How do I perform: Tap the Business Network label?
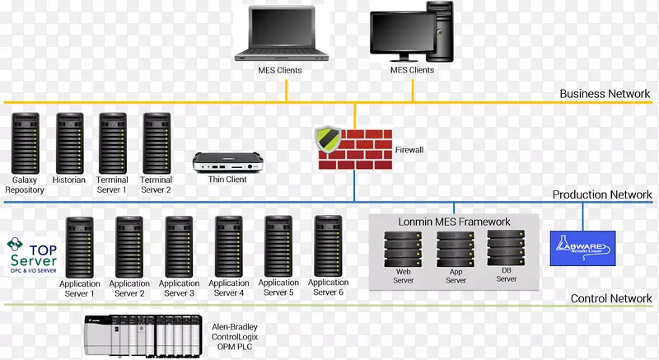605,94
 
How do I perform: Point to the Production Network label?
602,195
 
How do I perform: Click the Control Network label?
610,298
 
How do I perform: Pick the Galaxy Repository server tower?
25,143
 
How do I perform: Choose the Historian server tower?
69,143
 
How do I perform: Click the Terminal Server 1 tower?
112,143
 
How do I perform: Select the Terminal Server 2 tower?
156,143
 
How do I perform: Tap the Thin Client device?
219,162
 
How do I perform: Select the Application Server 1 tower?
80,246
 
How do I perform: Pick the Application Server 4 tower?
229,246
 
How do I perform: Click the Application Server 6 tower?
328,246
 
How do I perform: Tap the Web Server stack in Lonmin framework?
403,250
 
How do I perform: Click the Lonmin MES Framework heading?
455,222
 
